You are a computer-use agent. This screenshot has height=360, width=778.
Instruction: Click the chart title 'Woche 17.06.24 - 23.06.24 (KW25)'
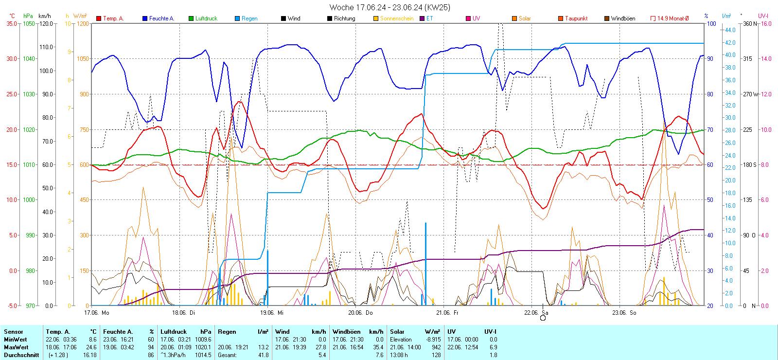click(389, 7)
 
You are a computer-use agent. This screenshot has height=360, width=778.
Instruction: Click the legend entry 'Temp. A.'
click(113, 18)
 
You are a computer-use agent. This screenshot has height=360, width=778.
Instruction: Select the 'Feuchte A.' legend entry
click(161, 18)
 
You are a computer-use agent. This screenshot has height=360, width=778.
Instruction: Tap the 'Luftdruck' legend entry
click(206, 18)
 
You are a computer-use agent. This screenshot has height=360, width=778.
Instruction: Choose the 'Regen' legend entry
click(249, 18)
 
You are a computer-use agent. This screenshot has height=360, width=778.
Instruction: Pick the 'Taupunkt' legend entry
click(576, 18)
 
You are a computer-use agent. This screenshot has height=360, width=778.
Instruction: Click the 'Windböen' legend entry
click(623, 18)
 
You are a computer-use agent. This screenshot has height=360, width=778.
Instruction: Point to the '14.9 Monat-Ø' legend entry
click(673, 18)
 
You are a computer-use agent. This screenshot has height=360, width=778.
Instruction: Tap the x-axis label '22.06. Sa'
click(536, 313)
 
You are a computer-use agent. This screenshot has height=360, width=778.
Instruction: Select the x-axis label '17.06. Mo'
click(97, 313)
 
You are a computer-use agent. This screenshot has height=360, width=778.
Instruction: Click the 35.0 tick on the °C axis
click(12, 23)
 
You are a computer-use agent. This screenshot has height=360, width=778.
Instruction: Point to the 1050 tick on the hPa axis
click(29, 23)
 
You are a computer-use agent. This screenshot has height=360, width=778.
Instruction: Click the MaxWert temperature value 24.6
click(92, 347)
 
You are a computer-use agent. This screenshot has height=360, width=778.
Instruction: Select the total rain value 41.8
click(263, 355)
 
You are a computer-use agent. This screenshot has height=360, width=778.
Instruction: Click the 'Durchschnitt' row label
click(21, 355)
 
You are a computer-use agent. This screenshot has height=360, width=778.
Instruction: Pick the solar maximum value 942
click(436, 347)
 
